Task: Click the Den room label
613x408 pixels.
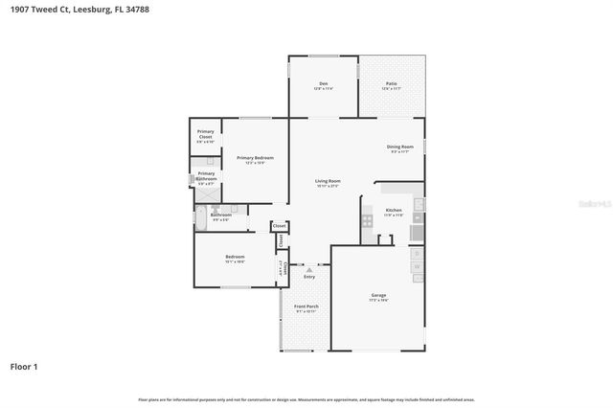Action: [x=324, y=85]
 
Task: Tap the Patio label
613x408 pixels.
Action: [x=391, y=85]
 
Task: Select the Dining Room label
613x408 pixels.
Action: [x=399, y=147]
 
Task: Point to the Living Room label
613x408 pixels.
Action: [x=329, y=182]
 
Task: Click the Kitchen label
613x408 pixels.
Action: [x=393, y=212]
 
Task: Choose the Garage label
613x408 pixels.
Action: [x=378, y=296]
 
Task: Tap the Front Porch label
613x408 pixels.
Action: [x=306, y=307]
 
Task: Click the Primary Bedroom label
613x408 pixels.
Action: [x=255, y=159]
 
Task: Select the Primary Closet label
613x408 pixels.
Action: [x=205, y=134]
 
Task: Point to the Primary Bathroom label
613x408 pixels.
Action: [x=207, y=175]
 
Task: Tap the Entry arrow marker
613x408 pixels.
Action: [x=309, y=271]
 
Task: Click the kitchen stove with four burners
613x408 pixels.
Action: [x=367, y=220]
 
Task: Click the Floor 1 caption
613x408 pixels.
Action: [x=24, y=366]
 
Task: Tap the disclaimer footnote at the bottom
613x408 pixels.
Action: [x=306, y=399]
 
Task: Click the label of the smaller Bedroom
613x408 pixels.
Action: [x=235, y=258]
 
